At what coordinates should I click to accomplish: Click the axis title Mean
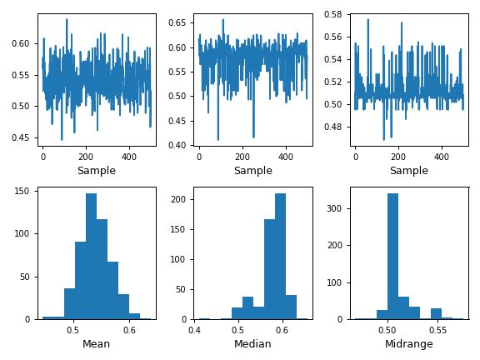97,343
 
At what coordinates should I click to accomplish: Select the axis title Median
252,343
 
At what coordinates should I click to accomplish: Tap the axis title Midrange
409,343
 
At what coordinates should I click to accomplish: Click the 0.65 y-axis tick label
180,22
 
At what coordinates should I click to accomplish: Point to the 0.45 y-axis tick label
22,137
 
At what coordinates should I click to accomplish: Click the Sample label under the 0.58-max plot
409,171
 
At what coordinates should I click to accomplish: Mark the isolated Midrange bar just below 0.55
436,313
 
